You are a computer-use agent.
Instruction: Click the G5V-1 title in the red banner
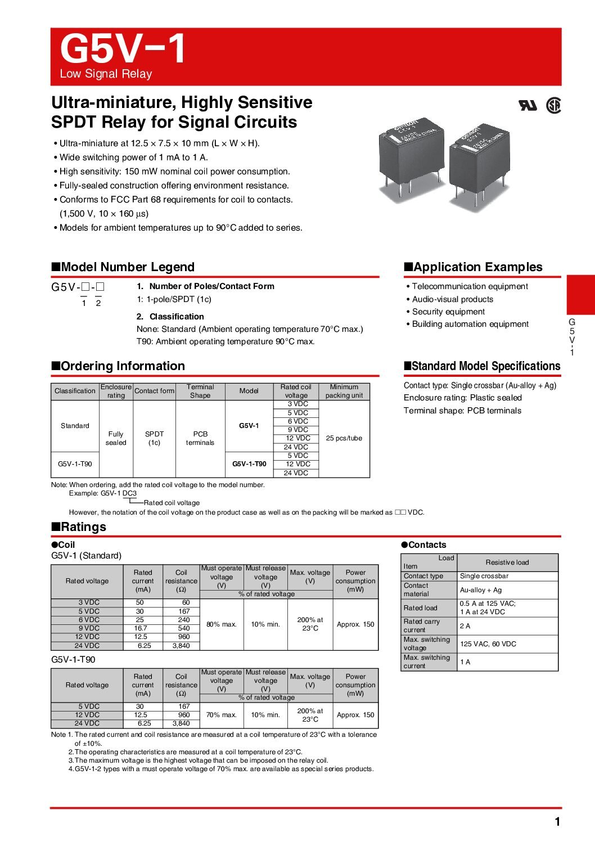(123, 49)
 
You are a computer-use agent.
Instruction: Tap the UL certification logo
(528, 105)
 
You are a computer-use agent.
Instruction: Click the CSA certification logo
(554, 105)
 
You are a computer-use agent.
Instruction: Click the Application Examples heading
(474, 267)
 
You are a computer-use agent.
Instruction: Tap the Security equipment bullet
(448, 312)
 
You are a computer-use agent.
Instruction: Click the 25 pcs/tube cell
(344, 438)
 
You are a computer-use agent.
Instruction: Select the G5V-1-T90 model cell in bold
(249, 464)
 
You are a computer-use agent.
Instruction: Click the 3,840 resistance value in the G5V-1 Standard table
(181, 646)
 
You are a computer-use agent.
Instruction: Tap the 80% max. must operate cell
(222, 624)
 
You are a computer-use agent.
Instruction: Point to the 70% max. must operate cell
(222, 715)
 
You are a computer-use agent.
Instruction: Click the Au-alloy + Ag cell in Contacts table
(481, 590)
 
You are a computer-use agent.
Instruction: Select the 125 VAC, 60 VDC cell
(488, 644)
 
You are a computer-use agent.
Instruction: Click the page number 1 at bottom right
(557, 822)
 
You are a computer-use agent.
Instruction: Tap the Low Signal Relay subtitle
(106, 74)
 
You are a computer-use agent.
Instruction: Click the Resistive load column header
(507, 562)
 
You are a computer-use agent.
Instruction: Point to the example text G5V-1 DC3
(118, 493)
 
